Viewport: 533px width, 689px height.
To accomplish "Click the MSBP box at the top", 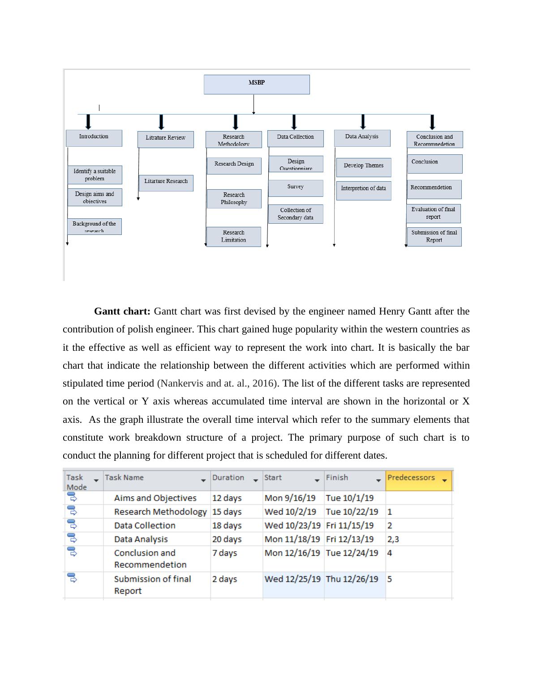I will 257,84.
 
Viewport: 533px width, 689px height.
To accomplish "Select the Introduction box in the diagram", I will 94,138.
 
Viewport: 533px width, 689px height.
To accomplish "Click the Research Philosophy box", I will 234,199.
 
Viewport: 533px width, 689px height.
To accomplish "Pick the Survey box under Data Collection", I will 296,188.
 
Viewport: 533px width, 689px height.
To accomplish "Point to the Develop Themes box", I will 364,167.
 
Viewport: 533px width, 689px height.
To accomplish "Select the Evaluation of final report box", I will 433,213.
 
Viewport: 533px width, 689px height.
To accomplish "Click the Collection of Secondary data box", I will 296,214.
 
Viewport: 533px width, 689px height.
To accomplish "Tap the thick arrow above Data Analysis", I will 363,122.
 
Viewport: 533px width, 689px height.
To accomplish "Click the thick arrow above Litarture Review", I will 161,122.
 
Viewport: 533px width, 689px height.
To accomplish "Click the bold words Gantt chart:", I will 122,311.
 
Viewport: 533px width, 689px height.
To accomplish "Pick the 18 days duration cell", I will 227,526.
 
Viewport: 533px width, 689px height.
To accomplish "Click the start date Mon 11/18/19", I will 292,540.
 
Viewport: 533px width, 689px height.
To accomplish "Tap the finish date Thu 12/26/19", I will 352,579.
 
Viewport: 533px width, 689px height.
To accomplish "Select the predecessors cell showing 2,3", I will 393,540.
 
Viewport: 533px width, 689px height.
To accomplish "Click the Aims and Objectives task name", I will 155,498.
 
